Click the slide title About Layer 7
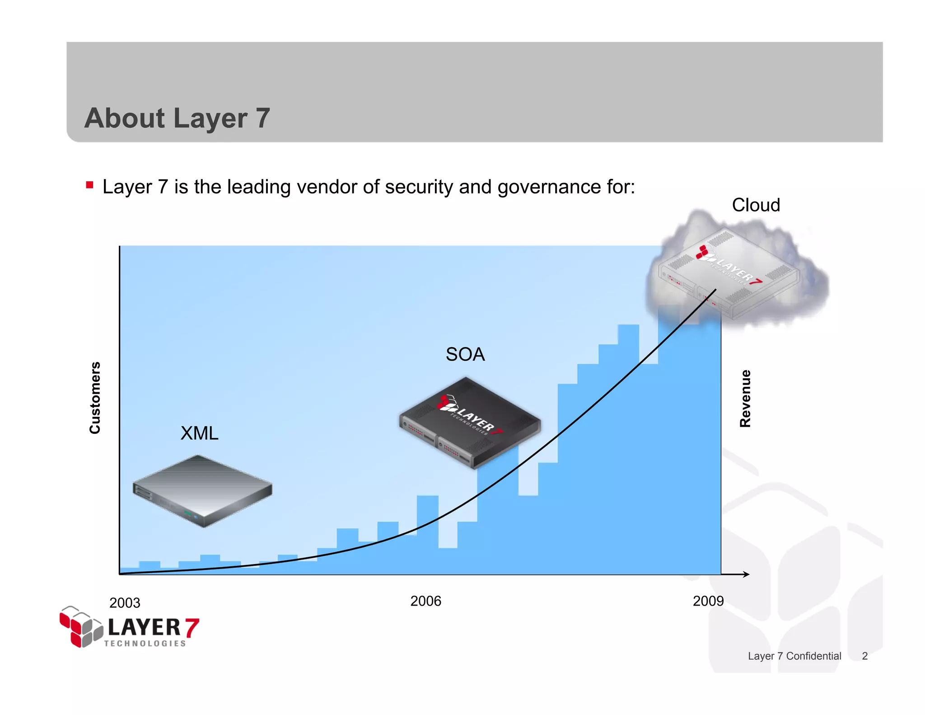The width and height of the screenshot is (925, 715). coord(177,118)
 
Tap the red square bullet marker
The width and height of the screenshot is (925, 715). coord(89,185)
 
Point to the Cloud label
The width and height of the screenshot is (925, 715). coord(756,205)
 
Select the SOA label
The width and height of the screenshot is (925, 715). coord(465,354)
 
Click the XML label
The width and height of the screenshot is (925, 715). coord(199,433)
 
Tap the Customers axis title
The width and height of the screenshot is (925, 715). coord(95,398)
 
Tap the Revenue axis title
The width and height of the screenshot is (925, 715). coord(745,398)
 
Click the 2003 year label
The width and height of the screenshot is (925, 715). coord(125,603)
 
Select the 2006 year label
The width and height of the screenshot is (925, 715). coord(425,601)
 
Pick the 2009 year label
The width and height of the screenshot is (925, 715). coord(708,601)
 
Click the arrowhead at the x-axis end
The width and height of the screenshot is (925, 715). coord(746,574)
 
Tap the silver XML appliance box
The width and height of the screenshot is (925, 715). coord(202,490)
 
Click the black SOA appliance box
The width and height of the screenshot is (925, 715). coord(470,423)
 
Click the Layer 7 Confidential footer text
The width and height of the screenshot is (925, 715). coord(794,656)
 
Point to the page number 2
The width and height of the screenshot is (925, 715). coord(864,656)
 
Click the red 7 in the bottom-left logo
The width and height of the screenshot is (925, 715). coord(192,628)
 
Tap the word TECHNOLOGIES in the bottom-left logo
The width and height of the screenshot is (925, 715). coord(145,644)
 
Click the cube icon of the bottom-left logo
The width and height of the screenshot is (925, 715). coord(81,627)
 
